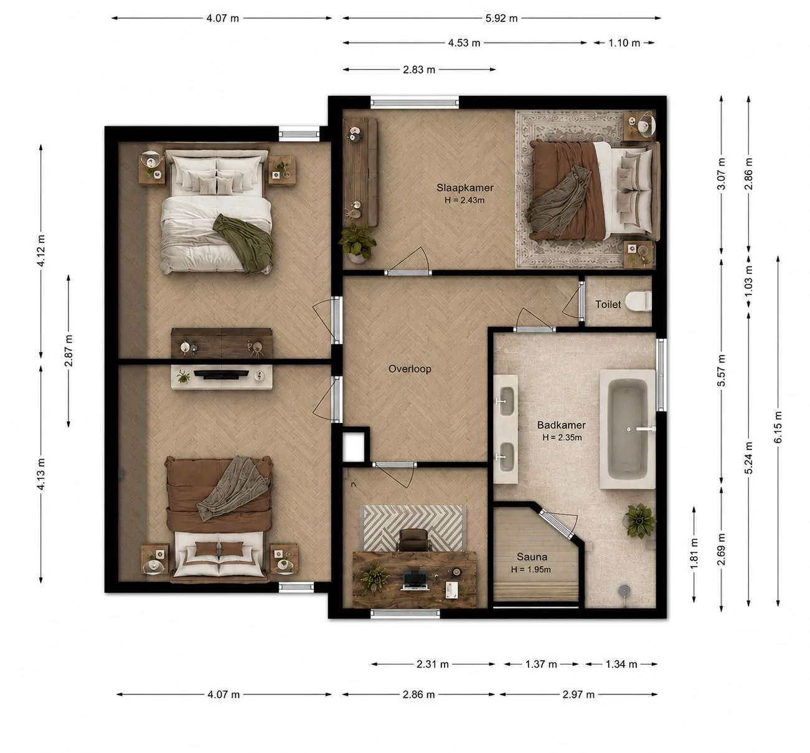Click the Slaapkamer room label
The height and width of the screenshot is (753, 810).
point(464,187)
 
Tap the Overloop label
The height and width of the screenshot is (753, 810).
point(410,369)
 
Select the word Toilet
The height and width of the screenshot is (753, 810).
point(608,305)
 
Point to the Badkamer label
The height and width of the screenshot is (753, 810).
point(561,425)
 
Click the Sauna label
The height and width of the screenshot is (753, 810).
point(532,557)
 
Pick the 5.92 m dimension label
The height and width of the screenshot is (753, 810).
point(501,18)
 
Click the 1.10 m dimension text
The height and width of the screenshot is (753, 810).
point(624,43)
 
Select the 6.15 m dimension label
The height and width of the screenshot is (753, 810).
point(778,427)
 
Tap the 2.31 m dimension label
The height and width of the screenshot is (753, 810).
point(432,664)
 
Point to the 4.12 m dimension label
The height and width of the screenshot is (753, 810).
point(41,250)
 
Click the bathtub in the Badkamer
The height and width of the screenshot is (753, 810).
point(628,429)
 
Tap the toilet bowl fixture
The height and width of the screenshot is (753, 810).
point(638,301)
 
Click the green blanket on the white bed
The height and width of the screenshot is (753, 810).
point(245,242)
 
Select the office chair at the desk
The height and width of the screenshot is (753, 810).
point(413,541)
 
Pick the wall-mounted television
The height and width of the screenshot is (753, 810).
point(221,374)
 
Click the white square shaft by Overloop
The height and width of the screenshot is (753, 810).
point(353,447)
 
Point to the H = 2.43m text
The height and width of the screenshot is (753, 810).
point(464,201)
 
